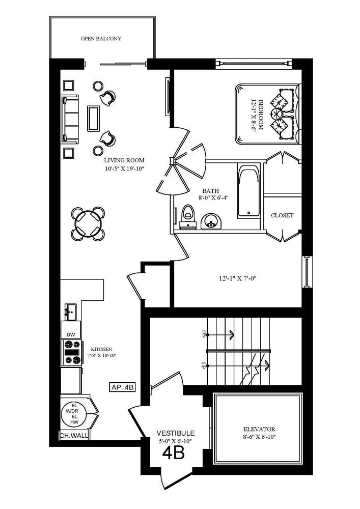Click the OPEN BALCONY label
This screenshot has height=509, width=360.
tap(101, 39)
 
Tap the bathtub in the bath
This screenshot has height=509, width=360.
tap(249, 190)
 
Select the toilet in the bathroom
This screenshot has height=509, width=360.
tap(187, 215)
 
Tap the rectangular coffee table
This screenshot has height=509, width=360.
tap(93, 118)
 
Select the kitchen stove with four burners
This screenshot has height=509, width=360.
tap(71, 352)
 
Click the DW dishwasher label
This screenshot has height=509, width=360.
tap(70, 334)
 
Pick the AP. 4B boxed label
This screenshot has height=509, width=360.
tap(122, 387)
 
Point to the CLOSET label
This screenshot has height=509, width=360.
tap(282, 215)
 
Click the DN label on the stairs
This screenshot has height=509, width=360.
tap(204, 334)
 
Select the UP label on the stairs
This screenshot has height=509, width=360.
tap(204, 365)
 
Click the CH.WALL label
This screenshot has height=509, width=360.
tap(72, 436)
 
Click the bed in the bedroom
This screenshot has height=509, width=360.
tap(266, 115)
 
